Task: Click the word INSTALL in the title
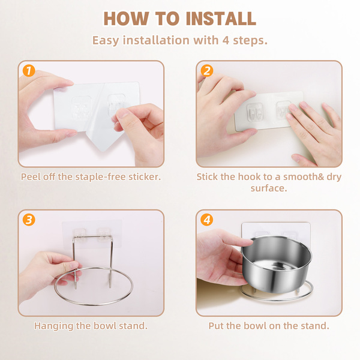221,19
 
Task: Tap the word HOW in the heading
126,19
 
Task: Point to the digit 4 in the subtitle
226,40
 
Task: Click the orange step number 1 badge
29,71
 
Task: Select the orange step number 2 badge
207,71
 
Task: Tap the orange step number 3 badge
29,220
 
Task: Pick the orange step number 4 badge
207,220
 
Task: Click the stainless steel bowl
277,264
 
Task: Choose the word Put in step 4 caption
216,326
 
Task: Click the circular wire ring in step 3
94,304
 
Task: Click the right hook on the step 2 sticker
283,110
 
